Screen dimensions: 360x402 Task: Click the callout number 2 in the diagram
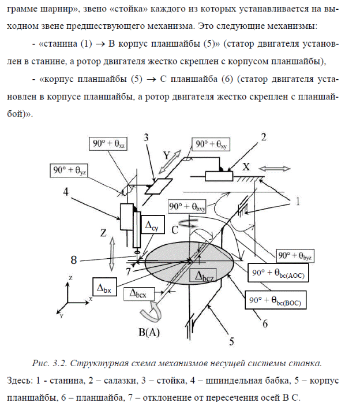coord(264,137)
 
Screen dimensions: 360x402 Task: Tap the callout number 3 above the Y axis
coord(147,137)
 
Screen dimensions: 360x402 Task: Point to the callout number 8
coord(74,260)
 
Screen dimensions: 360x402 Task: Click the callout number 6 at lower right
coord(265,324)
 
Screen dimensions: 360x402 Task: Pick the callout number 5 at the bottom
coord(231,342)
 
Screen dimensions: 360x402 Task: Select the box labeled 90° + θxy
coord(212,144)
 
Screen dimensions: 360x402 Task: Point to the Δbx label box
coord(104,286)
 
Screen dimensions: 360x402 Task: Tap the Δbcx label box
coord(141,293)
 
